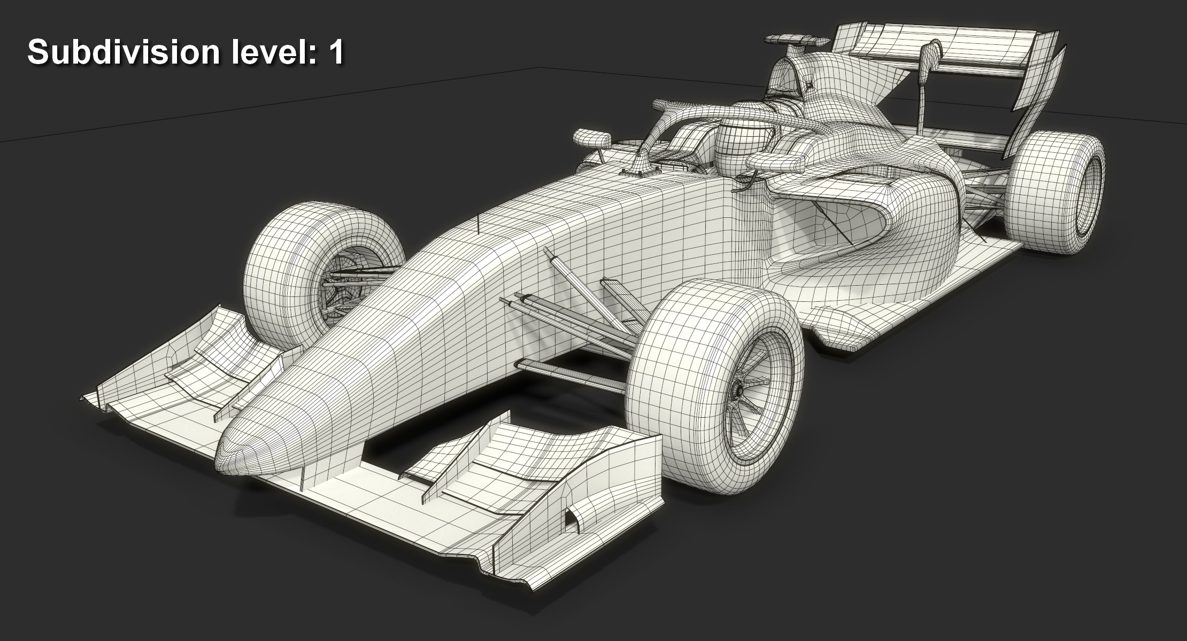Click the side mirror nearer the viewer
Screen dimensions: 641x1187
click(x=775, y=160)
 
